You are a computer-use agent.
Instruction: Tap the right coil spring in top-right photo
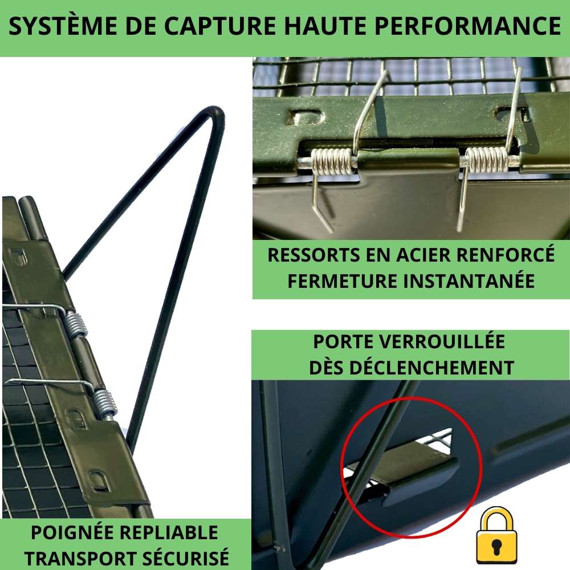(x=487, y=159)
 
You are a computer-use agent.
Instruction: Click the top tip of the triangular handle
(x=215, y=112)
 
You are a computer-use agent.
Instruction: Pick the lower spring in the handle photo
(x=105, y=403)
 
